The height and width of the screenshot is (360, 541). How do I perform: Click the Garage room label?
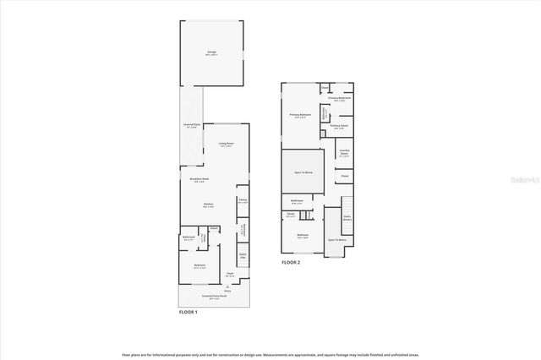click(211, 52)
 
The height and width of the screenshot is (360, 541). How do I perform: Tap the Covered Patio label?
click(191, 125)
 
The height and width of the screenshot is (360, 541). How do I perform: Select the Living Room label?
click(226, 144)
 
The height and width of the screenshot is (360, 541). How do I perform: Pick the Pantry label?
click(242, 200)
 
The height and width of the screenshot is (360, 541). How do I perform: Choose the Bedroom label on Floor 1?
click(199, 266)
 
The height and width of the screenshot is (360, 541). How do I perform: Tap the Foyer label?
click(229, 274)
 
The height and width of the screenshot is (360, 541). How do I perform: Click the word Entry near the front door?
click(227, 291)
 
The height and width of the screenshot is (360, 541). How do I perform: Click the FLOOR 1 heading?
click(188, 313)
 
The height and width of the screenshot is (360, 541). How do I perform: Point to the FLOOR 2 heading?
click(291, 263)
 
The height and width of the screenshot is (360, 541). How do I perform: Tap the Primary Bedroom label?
click(301, 115)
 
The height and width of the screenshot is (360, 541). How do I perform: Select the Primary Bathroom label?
click(340, 98)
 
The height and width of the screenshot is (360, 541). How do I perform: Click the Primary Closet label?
click(339, 127)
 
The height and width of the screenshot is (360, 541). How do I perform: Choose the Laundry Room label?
click(344, 154)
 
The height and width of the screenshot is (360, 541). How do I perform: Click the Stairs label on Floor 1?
click(243, 254)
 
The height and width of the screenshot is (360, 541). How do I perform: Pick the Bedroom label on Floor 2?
click(303, 236)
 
